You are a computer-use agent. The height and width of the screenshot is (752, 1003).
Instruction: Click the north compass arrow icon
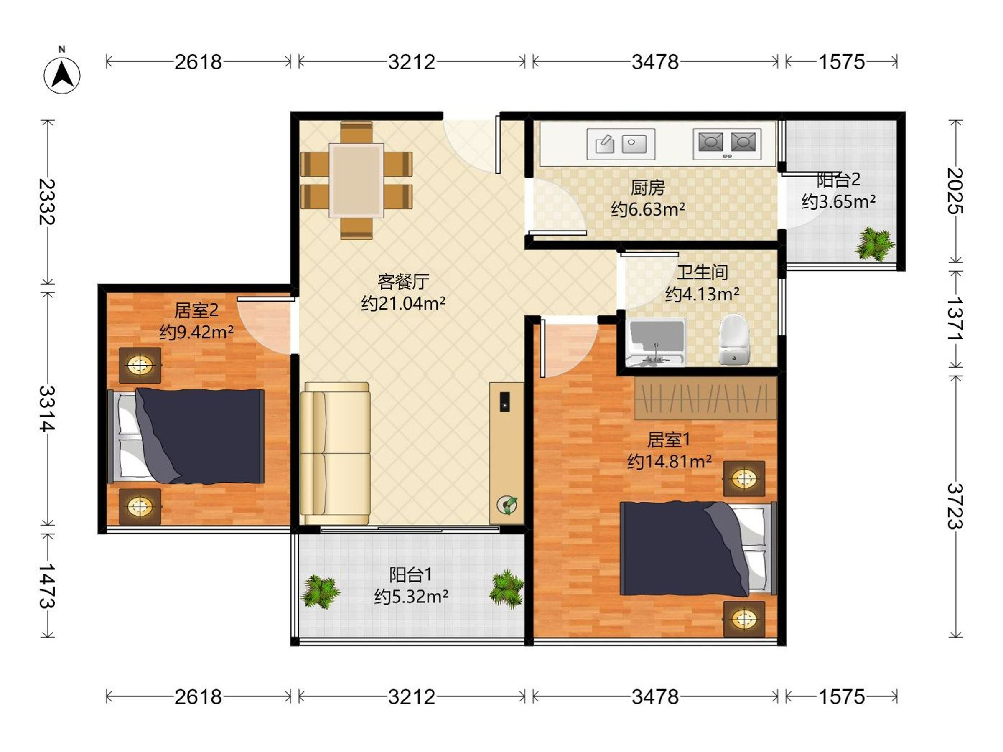click(x=62, y=75)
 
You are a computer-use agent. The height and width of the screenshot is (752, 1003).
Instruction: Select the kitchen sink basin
click(x=621, y=144)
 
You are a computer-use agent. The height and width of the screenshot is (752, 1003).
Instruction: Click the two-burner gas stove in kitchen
click(x=727, y=144)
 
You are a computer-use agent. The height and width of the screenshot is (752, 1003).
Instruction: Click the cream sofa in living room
click(x=335, y=453)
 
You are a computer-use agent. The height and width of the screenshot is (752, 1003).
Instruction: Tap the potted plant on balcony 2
click(x=873, y=244)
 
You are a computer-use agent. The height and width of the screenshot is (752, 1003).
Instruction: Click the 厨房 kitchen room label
click(x=647, y=187)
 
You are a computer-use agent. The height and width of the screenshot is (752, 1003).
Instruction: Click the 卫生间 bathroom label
click(x=702, y=272)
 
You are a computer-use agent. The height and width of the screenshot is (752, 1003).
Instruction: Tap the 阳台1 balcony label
click(x=410, y=575)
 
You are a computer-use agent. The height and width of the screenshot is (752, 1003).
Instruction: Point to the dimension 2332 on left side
click(x=47, y=202)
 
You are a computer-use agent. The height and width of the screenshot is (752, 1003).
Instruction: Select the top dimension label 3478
click(x=655, y=62)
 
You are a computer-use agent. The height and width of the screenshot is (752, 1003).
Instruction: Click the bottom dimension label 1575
click(x=841, y=697)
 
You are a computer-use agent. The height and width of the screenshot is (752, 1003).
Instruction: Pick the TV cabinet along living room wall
click(x=507, y=453)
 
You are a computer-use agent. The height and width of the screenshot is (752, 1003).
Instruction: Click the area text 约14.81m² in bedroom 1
click(x=669, y=462)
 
